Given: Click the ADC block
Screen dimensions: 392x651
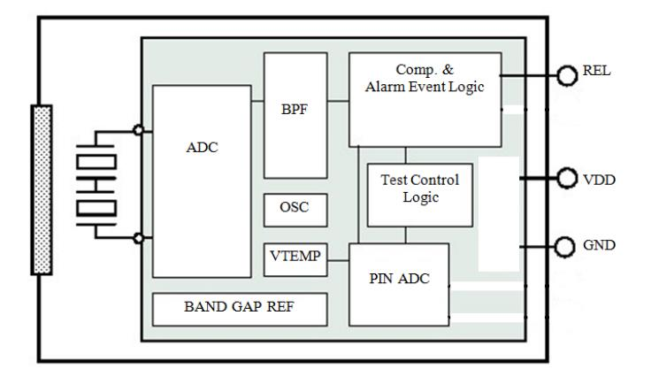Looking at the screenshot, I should [x=202, y=181].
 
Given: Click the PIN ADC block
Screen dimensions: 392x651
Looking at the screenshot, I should [x=399, y=284].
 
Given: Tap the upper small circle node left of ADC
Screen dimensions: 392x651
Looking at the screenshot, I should [x=137, y=130].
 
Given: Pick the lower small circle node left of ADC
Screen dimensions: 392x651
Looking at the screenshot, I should [x=137, y=237].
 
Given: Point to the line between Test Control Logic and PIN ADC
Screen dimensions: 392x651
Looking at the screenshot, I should [x=406, y=234].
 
